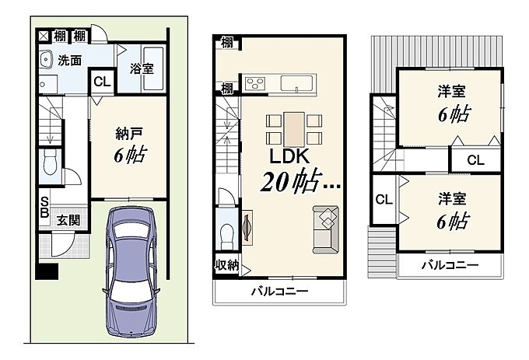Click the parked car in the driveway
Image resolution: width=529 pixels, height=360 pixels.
click(x=131, y=271)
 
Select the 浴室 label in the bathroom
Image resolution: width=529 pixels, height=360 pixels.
click(x=142, y=68)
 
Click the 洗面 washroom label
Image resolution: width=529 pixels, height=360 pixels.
click(x=70, y=61)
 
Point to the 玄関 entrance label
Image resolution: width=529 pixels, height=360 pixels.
click(x=68, y=221)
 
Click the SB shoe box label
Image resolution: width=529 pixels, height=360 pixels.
click(x=44, y=208)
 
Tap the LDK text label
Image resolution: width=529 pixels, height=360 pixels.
click(x=289, y=156)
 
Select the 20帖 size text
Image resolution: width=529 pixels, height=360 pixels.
click(x=290, y=182)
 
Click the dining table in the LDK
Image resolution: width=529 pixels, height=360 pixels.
click(x=294, y=129)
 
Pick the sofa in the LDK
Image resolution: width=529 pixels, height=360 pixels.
click(x=325, y=229)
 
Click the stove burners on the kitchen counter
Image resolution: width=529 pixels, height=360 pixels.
click(x=254, y=84)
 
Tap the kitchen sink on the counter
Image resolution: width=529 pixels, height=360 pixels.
click(x=297, y=83)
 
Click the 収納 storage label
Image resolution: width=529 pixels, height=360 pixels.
click(x=227, y=265)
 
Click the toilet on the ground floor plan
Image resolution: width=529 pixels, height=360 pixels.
click(x=51, y=163)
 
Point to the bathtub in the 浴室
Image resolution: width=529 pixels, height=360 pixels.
click(x=153, y=68)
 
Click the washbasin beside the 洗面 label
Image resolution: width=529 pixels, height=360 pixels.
click(x=46, y=59)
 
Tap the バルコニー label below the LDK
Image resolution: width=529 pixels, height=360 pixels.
click(x=280, y=291)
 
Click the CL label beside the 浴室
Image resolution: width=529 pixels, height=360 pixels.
click(x=102, y=82)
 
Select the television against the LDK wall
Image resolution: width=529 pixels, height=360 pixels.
click(x=247, y=228)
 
